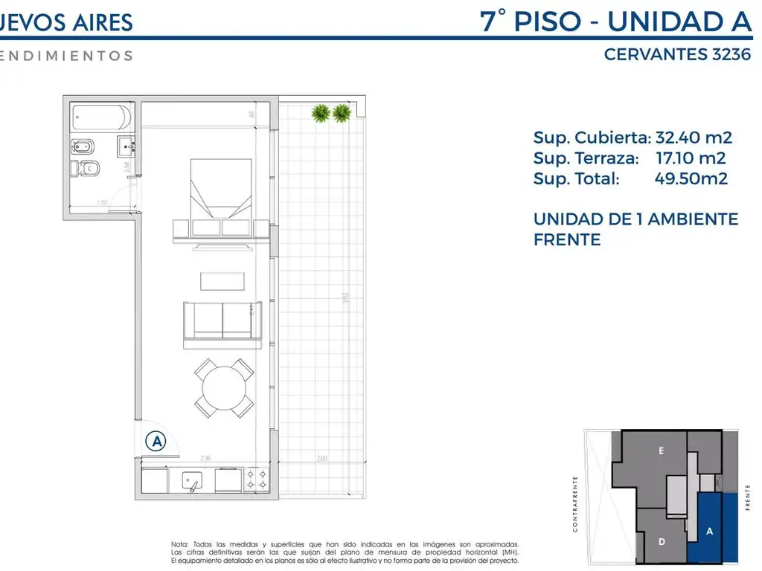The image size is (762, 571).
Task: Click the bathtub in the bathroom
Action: coord(102,117)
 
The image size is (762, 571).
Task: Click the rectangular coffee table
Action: coord(222,281)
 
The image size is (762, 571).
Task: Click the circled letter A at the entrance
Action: coord(156,441)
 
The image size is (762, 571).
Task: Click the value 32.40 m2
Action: coord(694,138)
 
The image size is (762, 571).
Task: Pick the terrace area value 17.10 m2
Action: coord(691,158)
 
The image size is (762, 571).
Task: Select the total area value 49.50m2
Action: coord(691,178)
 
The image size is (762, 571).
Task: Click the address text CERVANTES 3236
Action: coord(677,55)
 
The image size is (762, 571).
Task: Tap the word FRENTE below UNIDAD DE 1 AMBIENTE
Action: coord(567,240)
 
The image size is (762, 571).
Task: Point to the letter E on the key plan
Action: coord(661,451)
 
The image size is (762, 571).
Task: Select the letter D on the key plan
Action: coord(662,542)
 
